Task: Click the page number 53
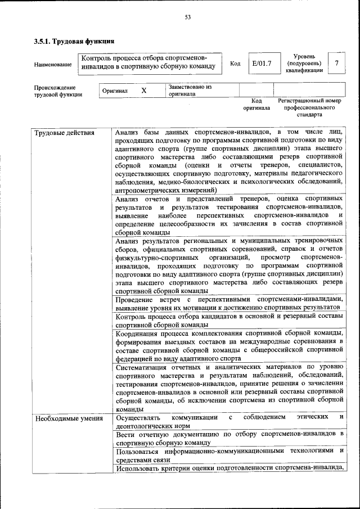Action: click(x=188, y=17)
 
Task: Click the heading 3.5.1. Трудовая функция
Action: click(x=74, y=41)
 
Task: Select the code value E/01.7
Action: click(x=262, y=63)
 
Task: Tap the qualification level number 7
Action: click(x=336, y=63)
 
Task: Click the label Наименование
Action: click(x=53, y=65)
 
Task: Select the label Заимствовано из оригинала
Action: click(x=188, y=91)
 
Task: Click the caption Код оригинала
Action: click(x=256, y=104)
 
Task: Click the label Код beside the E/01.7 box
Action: click(x=235, y=64)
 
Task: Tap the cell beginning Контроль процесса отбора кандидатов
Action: click(x=229, y=321)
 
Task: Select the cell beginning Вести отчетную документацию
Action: click(x=229, y=438)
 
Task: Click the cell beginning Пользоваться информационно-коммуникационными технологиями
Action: click(x=229, y=456)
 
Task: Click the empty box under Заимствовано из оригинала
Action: click(x=256, y=90)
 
